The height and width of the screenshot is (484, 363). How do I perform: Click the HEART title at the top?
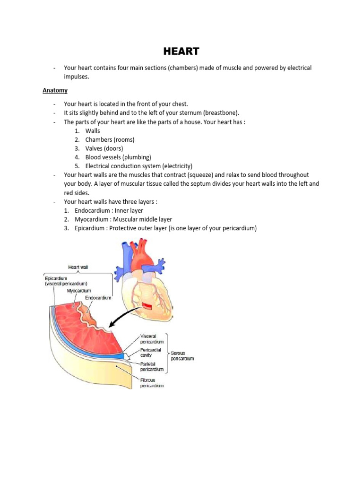(181, 51)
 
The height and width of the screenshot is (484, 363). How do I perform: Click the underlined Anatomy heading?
(55, 90)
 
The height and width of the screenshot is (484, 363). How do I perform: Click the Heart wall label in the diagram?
(78, 268)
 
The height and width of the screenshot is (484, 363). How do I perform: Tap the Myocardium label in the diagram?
(79, 291)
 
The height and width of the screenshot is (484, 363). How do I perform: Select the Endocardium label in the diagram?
(98, 298)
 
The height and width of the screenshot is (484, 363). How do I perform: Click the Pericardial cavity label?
(151, 353)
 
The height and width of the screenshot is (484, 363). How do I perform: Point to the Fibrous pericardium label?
(152, 382)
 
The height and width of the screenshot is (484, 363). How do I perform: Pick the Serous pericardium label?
(182, 355)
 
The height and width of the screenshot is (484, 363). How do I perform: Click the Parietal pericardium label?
(152, 366)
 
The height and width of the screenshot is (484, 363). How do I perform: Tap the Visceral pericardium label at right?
(152, 338)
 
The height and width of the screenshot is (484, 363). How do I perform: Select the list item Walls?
(93, 130)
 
